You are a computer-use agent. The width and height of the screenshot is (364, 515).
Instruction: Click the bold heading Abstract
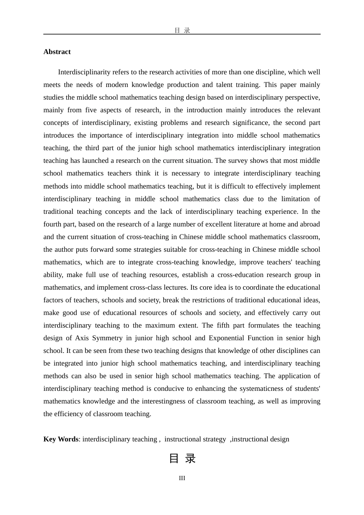[x=57, y=52]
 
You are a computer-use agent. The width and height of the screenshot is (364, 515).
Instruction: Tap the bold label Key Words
[x=61, y=439]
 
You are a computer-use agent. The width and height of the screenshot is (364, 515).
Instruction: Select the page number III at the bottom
[x=182, y=478]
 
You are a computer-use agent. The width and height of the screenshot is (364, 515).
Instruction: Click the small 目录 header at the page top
[x=182, y=30]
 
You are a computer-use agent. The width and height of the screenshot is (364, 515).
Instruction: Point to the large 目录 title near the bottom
[x=182, y=458]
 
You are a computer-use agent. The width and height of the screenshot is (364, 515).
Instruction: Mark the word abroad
[x=310, y=224]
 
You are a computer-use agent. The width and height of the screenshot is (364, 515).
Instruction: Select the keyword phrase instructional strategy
[x=195, y=439]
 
